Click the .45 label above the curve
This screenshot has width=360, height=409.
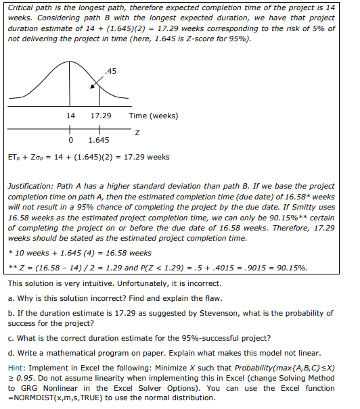pos(111,70)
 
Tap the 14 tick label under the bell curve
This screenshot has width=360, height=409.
pos(70,116)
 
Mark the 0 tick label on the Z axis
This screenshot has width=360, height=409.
pos(71,141)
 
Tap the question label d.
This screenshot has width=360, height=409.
pos(10,353)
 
